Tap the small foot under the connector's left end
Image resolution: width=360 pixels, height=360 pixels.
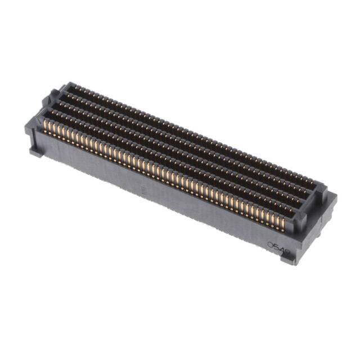(x=35, y=151)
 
